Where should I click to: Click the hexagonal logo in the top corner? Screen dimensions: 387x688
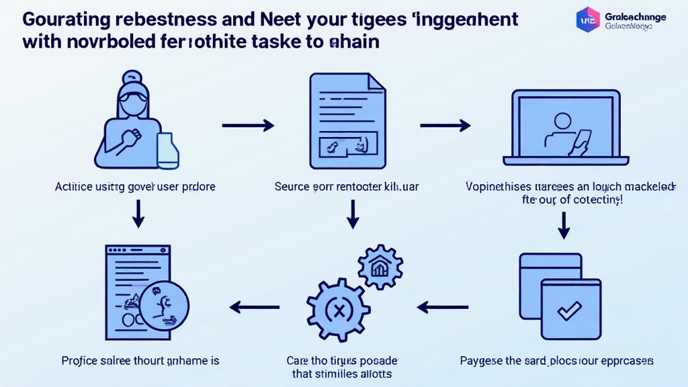[588, 19]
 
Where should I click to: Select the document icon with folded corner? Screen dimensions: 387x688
[347, 120]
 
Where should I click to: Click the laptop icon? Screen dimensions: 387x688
[565, 127]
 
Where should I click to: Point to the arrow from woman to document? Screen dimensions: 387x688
[248, 125]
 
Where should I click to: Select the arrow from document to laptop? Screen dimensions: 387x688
[445, 125]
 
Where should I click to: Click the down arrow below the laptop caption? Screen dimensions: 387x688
[564, 226]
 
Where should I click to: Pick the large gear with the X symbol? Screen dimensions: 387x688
[339, 310]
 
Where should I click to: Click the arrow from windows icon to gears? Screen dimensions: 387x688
[441, 308]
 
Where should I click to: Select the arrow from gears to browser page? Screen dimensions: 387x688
[255, 308]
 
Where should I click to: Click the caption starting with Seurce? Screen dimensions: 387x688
[346, 186]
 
